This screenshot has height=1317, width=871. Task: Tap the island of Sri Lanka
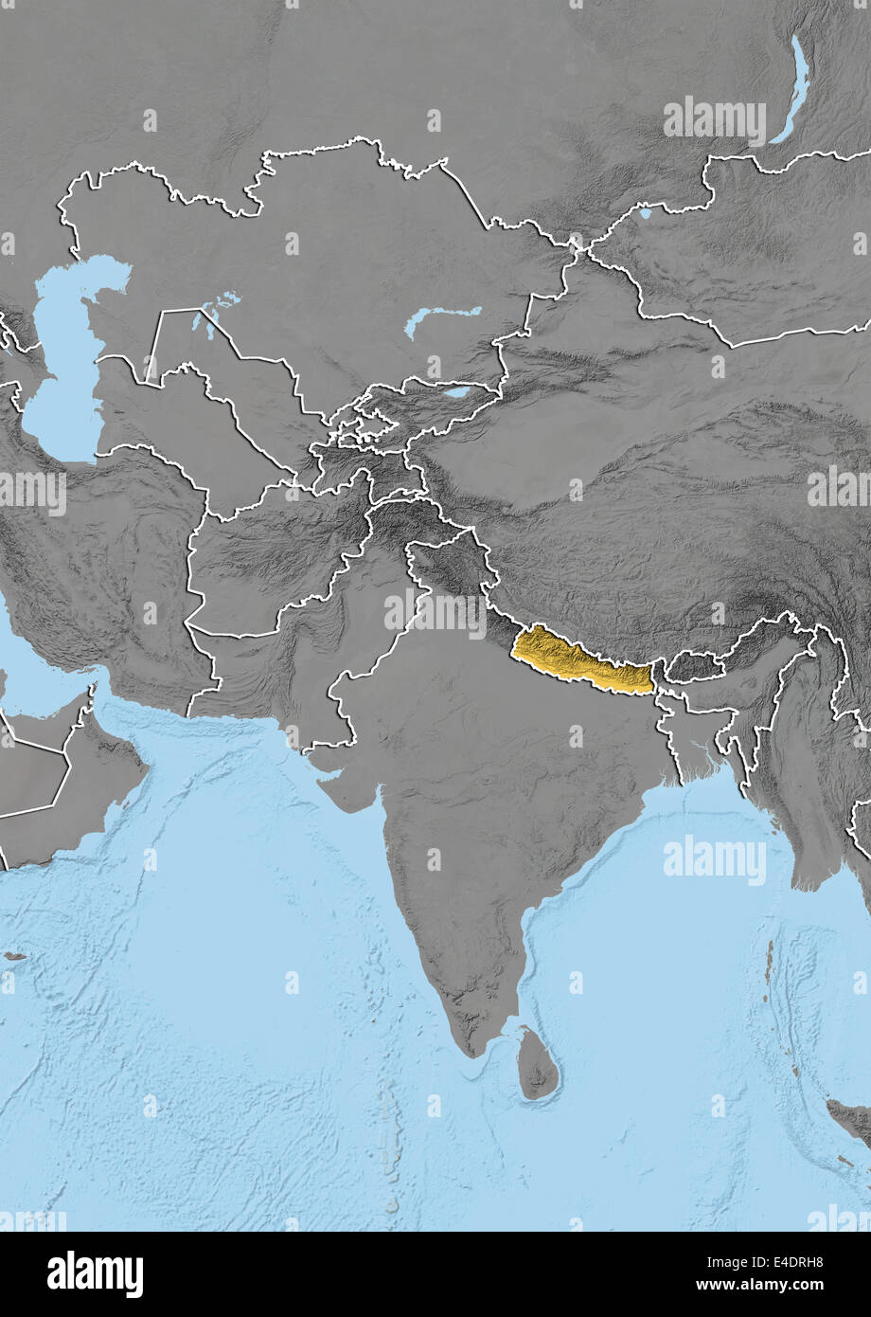tap(538, 1066)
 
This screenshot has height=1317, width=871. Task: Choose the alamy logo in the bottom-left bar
tap(95, 1274)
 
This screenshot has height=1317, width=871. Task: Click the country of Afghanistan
tap(275, 550)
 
